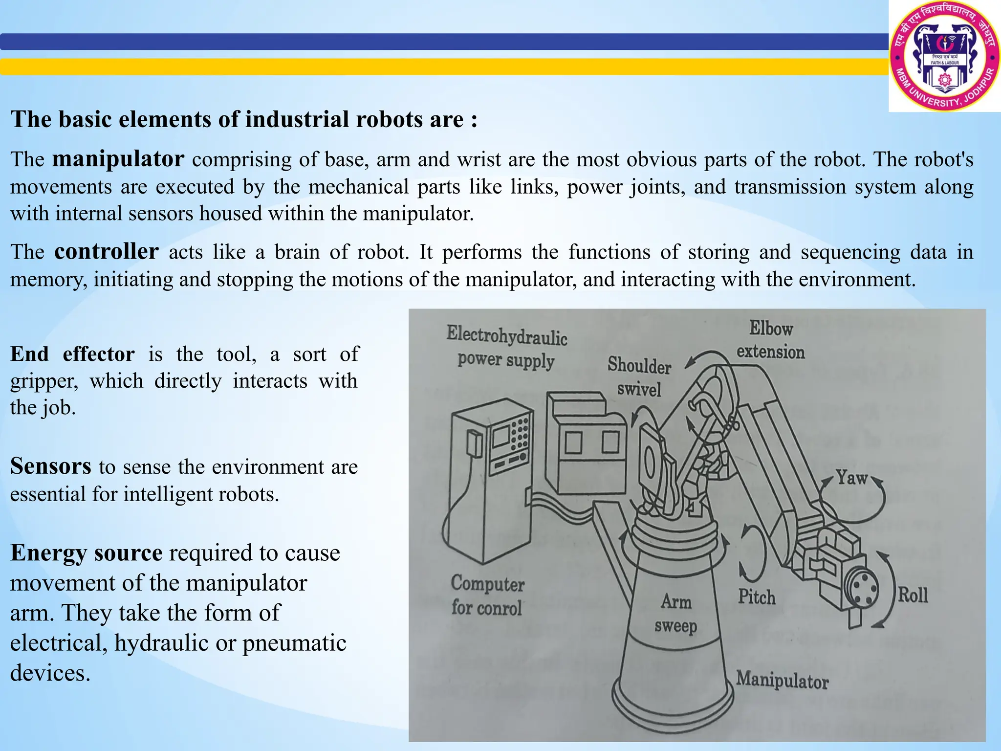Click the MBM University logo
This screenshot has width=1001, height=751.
click(944, 56)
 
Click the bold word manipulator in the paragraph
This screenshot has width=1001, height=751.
click(118, 159)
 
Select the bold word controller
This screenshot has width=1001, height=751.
click(106, 252)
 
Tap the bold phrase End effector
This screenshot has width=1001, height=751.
click(72, 354)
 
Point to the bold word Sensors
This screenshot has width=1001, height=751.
click(50, 466)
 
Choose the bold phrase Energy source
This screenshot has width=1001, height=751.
click(86, 553)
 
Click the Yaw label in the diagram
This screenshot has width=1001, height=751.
click(851, 478)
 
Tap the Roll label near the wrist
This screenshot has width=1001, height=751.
click(913, 595)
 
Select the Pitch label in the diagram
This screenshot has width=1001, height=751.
click(757, 597)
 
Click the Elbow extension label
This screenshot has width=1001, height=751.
click(770, 340)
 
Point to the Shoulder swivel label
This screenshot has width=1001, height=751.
click(639, 377)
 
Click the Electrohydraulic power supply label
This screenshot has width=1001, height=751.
click(506, 348)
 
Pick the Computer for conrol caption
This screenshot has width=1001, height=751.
click(487, 596)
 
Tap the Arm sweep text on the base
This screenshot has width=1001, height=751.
click(676, 614)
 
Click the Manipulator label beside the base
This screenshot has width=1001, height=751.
click(782, 680)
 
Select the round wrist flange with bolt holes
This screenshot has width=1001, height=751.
click(863, 587)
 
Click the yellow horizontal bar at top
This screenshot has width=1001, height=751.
click(440, 66)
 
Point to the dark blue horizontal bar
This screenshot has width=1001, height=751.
click(440, 42)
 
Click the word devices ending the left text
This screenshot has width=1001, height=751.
click(50, 673)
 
